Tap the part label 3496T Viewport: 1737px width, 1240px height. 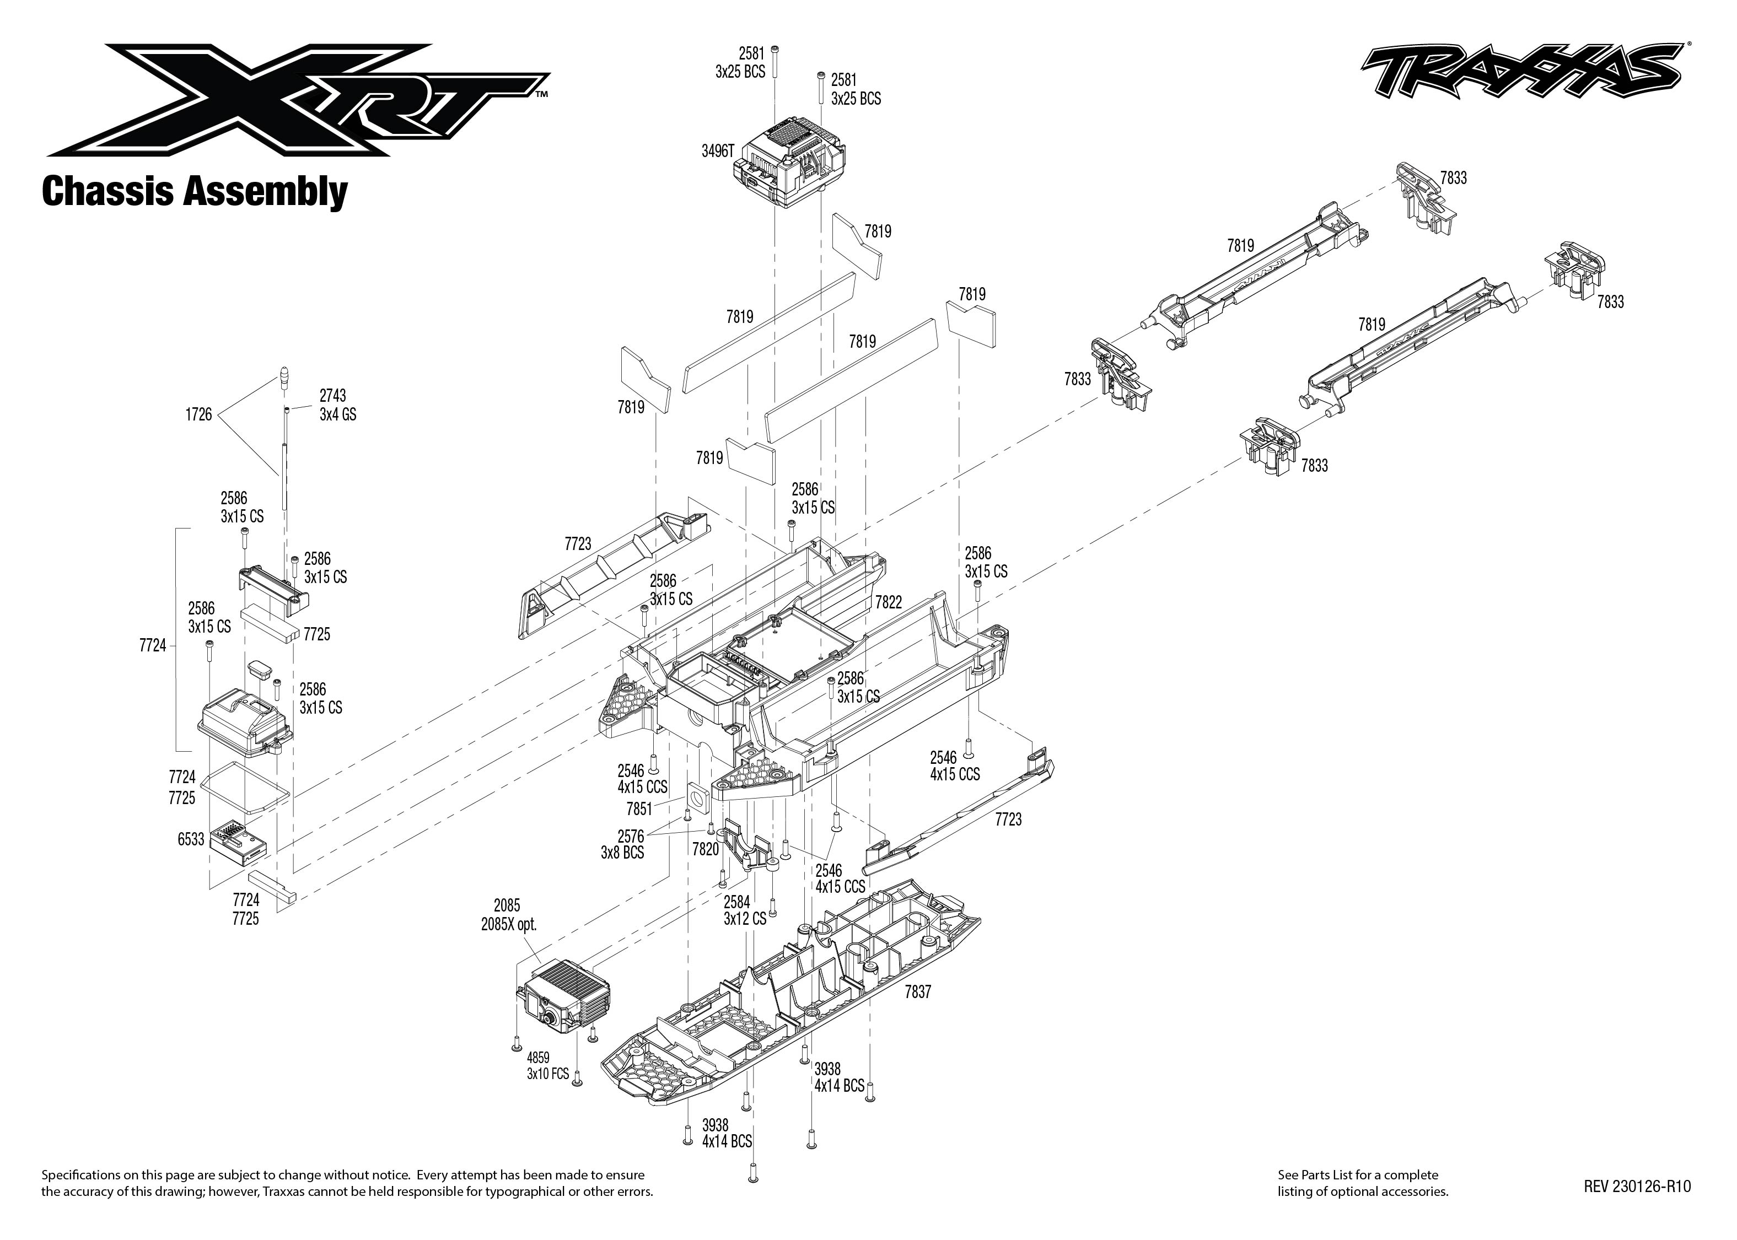[x=717, y=151]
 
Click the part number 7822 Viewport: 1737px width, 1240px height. [x=888, y=602]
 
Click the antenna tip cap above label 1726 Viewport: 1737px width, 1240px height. [x=284, y=379]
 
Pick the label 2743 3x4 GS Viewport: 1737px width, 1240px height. [x=337, y=405]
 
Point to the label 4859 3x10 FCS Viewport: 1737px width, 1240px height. [x=547, y=1066]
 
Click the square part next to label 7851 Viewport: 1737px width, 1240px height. [x=698, y=799]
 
